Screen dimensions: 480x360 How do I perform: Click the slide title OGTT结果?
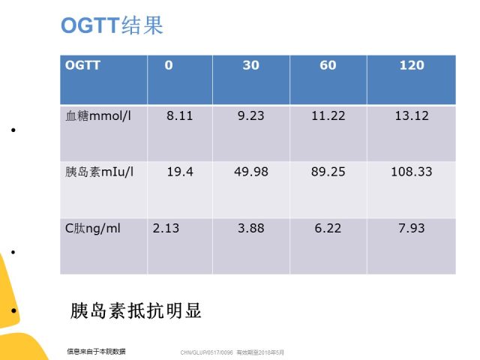pyautogui.click(x=112, y=25)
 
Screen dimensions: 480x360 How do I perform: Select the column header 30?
pyautogui.click(x=251, y=65)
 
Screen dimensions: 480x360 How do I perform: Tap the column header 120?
pyautogui.click(x=412, y=65)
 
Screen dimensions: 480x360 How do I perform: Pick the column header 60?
pyautogui.click(x=328, y=65)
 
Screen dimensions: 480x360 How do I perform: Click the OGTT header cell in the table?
pyautogui.click(x=82, y=65)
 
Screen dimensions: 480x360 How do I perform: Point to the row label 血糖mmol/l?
pyautogui.click(x=98, y=115)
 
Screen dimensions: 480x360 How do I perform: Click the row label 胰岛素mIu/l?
pyautogui.click(x=99, y=172)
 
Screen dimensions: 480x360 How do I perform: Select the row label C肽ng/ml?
pyautogui.click(x=93, y=229)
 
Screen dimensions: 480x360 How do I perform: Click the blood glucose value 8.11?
pyautogui.click(x=180, y=115)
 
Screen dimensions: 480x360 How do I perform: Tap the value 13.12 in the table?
pyautogui.click(x=412, y=115)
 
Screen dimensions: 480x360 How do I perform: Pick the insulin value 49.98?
pyautogui.click(x=251, y=172)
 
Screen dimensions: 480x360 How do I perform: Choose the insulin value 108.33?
pyautogui.click(x=412, y=172)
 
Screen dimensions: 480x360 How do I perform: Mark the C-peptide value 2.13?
pyautogui.click(x=166, y=228)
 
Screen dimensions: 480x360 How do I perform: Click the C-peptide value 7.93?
pyautogui.click(x=412, y=228)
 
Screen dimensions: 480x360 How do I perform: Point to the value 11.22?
pyautogui.click(x=328, y=115)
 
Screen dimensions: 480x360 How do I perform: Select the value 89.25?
pyautogui.click(x=328, y=172)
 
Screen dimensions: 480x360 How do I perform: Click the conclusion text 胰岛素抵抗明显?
pyautogui.click(x=136, y=310)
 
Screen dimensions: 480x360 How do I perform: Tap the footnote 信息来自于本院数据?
pyautogui.click(x=96, y=352)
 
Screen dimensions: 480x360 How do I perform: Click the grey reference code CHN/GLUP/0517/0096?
pyautogui.click(x=207, y=352)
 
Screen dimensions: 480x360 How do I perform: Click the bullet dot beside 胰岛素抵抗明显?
pyautogui.click(x=13, y=310)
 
